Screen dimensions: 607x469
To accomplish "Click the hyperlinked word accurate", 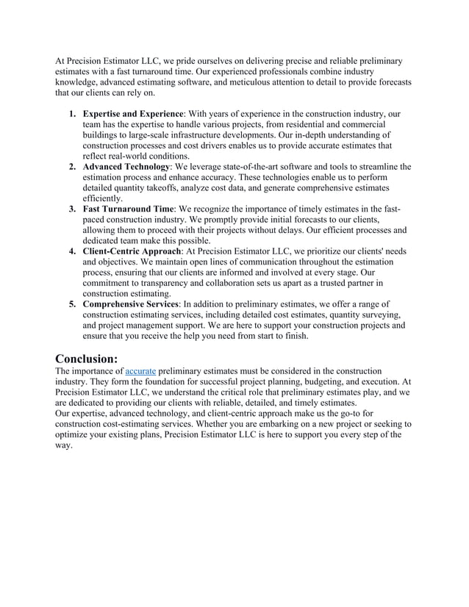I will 140,372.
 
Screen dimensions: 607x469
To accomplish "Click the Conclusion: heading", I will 87,358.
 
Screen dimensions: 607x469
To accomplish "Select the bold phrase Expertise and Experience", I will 133,115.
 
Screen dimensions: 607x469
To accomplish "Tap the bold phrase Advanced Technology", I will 126,167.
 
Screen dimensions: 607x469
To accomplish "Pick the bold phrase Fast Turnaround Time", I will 128,209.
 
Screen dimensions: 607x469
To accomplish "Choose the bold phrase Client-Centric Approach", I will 132,251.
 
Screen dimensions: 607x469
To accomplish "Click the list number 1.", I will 71,115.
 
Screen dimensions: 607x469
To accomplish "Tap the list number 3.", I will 71,209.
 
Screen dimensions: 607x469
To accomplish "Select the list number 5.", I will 71,303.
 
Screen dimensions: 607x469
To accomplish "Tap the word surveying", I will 381,314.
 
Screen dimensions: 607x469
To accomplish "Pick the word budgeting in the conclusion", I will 315,382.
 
